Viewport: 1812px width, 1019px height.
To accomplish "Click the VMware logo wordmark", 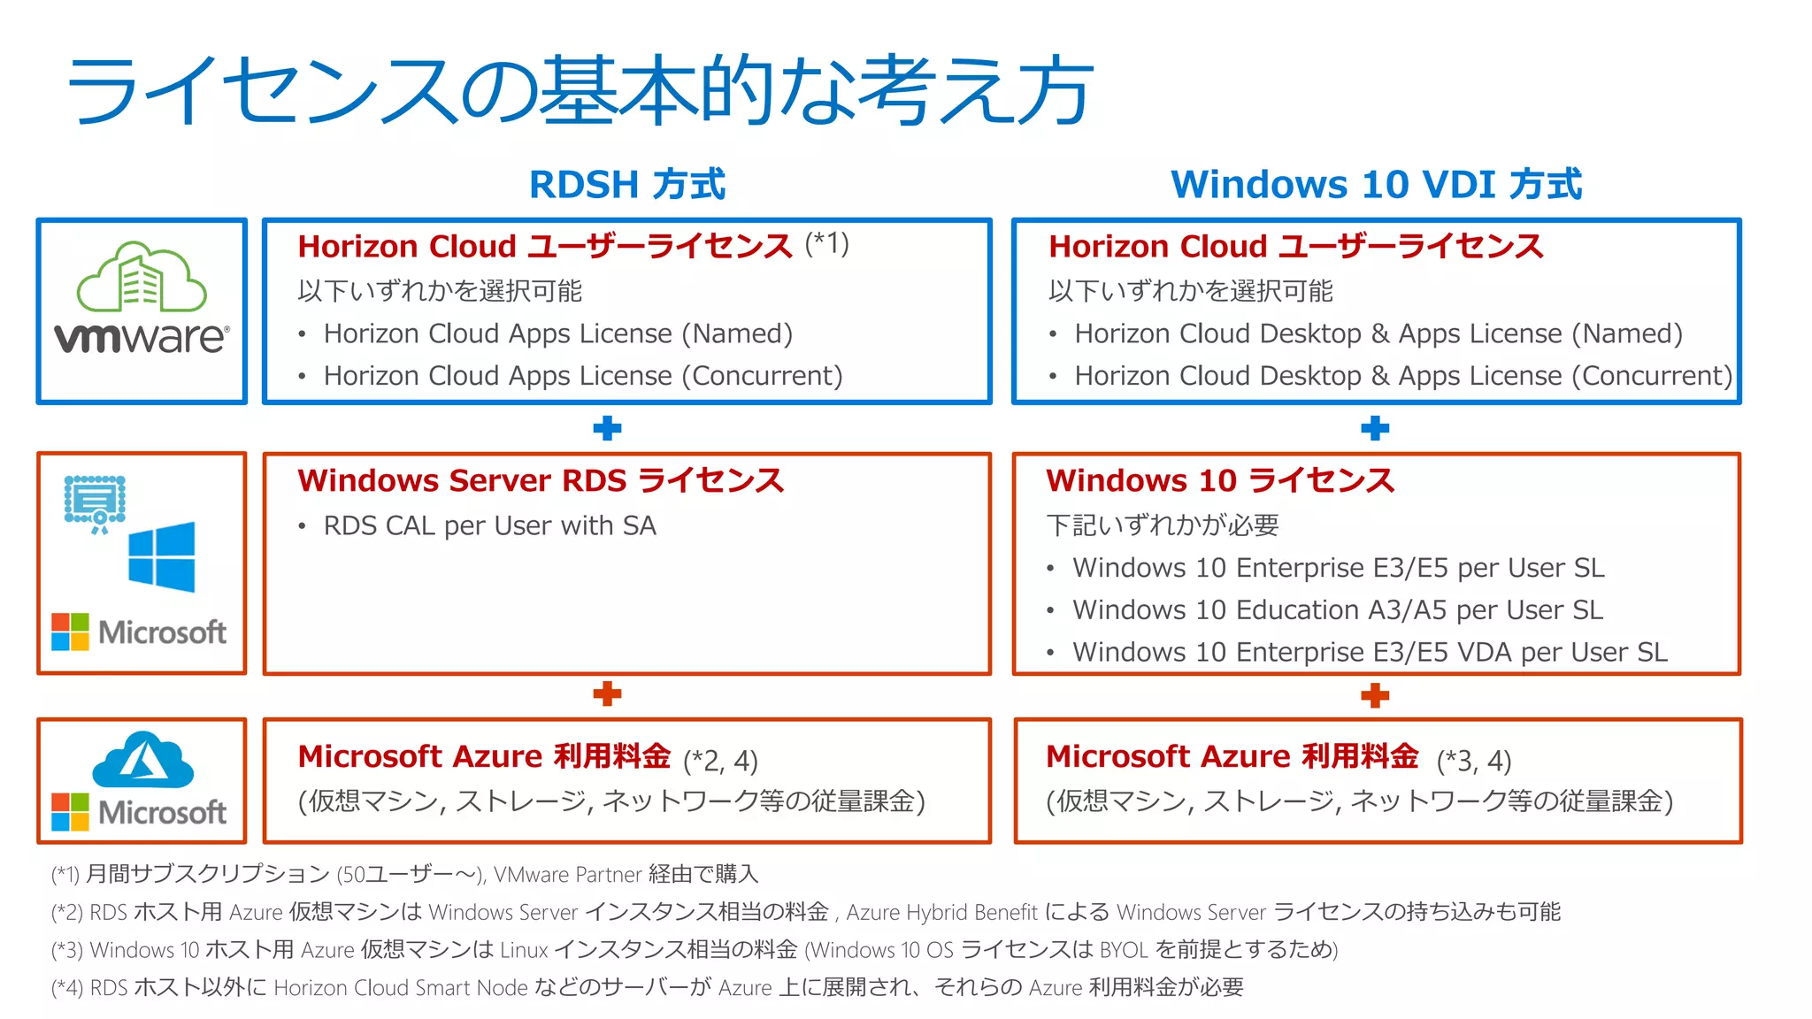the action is click(142, 337).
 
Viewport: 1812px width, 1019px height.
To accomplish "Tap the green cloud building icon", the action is click(142, 277).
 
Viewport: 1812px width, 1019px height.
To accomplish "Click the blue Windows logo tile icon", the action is click(162, 556).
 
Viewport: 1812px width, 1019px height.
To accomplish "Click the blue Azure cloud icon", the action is click(143, 760).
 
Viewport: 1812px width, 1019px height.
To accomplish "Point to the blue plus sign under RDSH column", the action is click(607, 429).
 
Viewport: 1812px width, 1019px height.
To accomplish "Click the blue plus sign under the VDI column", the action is click(1375, 429).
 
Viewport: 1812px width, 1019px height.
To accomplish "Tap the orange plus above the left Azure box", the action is click(607, 694).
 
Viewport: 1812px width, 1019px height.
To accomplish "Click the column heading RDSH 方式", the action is click(627, 185).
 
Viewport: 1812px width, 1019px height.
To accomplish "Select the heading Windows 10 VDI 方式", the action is click(1377, 185).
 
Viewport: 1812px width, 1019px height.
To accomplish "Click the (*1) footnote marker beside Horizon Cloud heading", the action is click(827, 242).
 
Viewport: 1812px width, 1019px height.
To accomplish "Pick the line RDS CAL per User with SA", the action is click(490, 525).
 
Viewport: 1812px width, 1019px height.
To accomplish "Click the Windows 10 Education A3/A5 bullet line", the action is click(1338, 609).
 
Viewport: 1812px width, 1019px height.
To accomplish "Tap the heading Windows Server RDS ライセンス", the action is click(541, 480).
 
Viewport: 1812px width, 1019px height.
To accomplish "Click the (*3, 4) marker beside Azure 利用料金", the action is click(1474, 761).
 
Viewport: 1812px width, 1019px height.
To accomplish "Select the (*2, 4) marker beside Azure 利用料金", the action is click(721, 761).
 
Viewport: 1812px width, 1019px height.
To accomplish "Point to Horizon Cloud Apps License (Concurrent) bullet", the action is click(583, 376).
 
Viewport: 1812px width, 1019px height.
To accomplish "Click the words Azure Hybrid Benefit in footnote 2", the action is click(941, 912).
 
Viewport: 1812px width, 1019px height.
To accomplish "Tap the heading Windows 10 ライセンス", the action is click(1220, 480).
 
